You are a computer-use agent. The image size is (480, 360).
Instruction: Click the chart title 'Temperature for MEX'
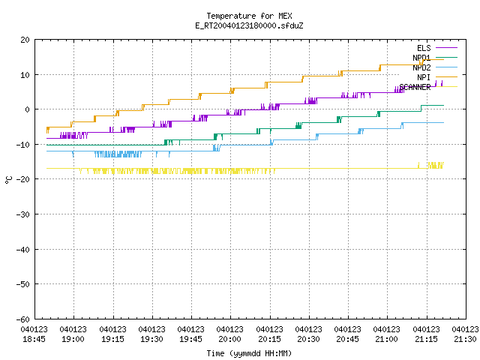[249, 16]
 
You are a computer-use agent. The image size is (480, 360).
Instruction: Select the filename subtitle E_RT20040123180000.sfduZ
[249, 25]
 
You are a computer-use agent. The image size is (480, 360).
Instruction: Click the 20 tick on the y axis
[25, 40]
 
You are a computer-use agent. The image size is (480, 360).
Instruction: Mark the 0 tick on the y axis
[28, 109]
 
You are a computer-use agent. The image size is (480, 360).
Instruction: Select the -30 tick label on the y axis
[23, 214]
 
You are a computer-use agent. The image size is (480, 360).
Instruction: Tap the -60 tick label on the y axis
[23, 319]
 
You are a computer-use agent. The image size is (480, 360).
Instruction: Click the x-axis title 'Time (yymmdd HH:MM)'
[249, 353]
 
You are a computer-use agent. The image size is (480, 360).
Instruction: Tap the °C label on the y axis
[8, 180]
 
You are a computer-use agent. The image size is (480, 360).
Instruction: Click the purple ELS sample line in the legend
[446, 48]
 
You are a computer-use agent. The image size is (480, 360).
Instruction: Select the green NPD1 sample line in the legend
[446, 57]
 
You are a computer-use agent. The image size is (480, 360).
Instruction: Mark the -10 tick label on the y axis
[23, 145]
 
